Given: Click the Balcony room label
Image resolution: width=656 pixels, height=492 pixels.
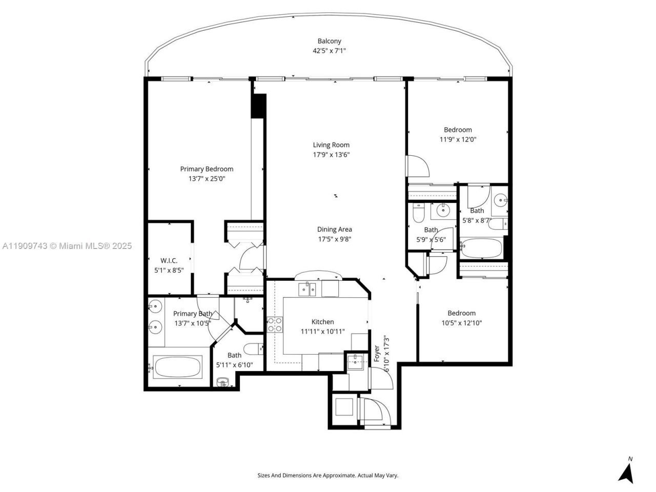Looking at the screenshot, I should (x=329, y=41).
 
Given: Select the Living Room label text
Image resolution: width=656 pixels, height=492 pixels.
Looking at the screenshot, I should (x=331, y=145).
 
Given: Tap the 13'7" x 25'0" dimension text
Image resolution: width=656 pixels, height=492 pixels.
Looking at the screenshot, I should (x=207, y=179).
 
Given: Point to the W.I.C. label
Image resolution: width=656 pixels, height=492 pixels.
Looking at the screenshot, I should (x=169, y=261).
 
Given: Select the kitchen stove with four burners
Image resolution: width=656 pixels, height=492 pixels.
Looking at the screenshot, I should (x=275, y=324).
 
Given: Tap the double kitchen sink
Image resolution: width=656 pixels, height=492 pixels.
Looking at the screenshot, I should (x=307, y=290).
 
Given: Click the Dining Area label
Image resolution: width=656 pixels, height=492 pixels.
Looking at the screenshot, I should (x=334, y=230).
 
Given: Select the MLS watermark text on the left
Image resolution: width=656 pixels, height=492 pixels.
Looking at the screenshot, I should (x=67, y=246).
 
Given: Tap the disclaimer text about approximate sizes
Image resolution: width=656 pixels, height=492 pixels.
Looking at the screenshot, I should (x=327, y=476).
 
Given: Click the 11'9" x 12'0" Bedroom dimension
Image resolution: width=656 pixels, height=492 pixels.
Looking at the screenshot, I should (x=458, y=139).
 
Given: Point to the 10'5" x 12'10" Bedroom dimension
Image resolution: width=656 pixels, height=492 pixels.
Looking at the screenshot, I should (x=461, y=323).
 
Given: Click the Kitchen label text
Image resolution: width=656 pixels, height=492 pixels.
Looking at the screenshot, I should (x=323, y=322).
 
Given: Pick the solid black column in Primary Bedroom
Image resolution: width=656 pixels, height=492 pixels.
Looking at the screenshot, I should (x=259, y=106).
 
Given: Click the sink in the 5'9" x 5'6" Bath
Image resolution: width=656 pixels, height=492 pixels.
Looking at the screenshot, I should (x=440, y=209).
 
